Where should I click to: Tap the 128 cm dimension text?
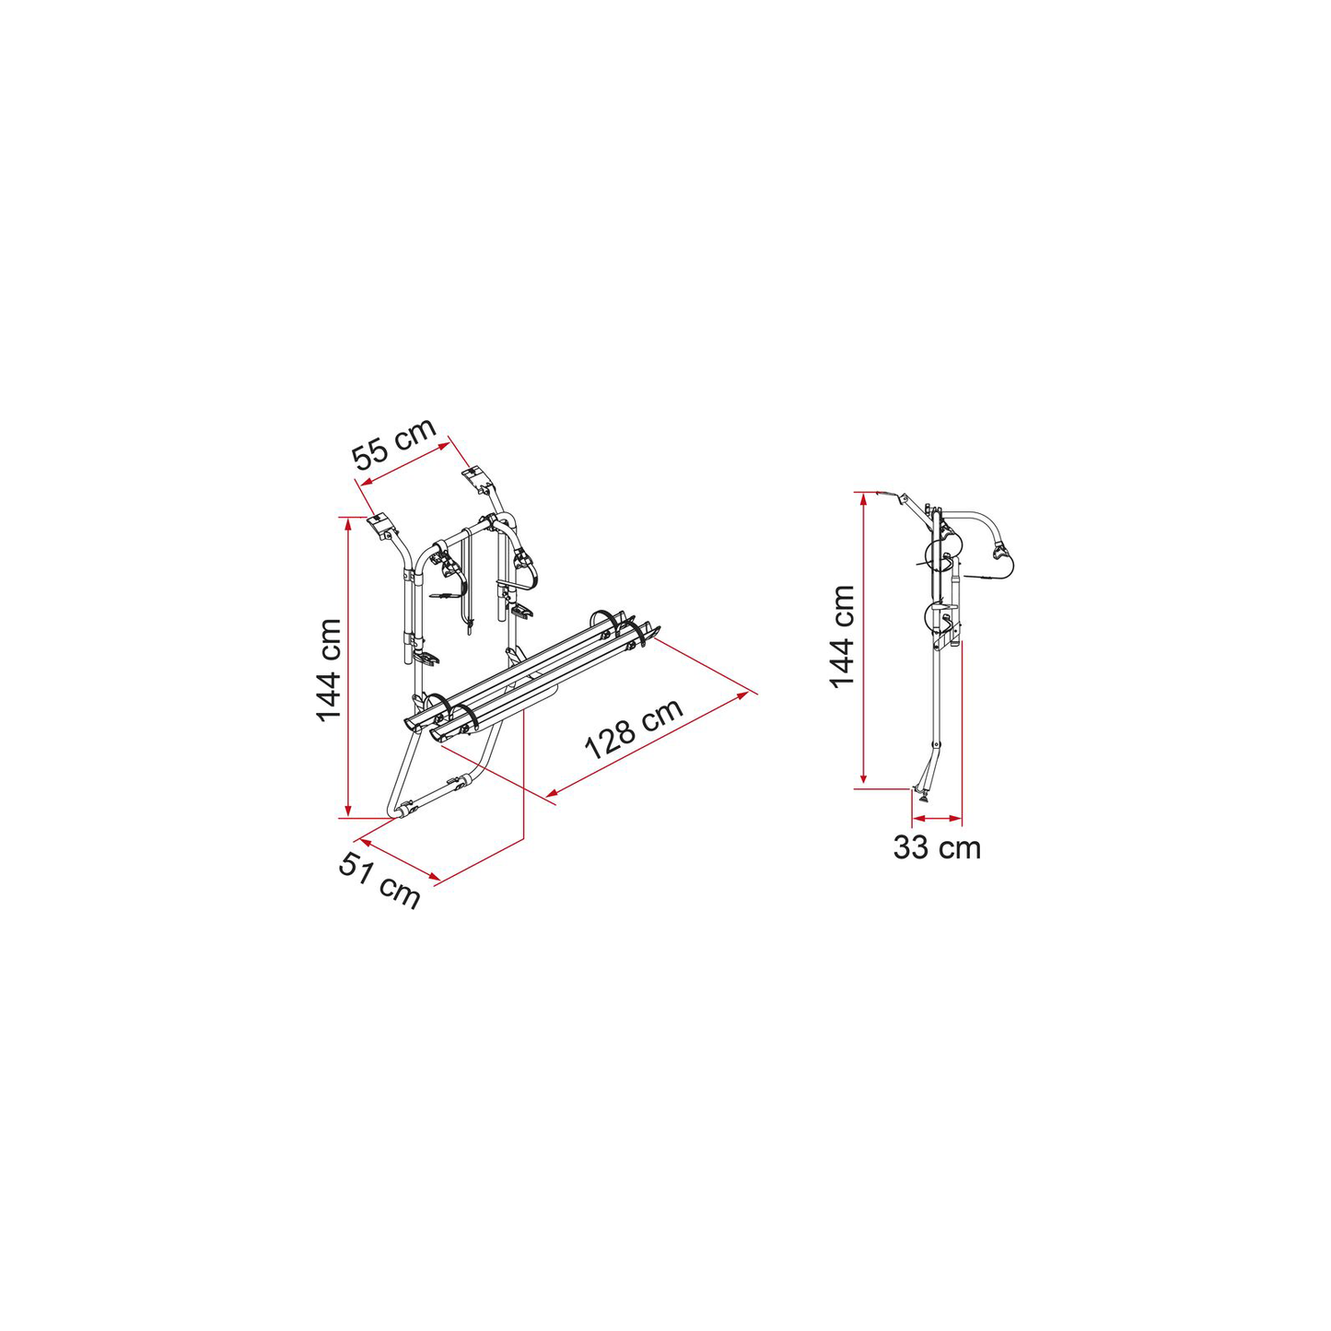click(x=634, y=728)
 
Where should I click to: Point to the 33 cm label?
click(x=937, y=847)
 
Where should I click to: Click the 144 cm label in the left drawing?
click(x=330, y=671)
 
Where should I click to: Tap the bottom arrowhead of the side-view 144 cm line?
click(x=863, y=780)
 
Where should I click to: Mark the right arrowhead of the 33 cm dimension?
click(x=956, y=819)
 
